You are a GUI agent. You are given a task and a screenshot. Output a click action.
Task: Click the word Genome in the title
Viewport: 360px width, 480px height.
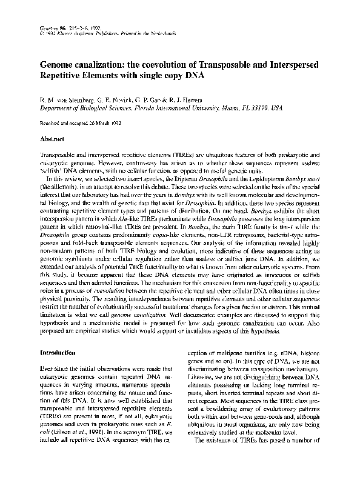59,65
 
